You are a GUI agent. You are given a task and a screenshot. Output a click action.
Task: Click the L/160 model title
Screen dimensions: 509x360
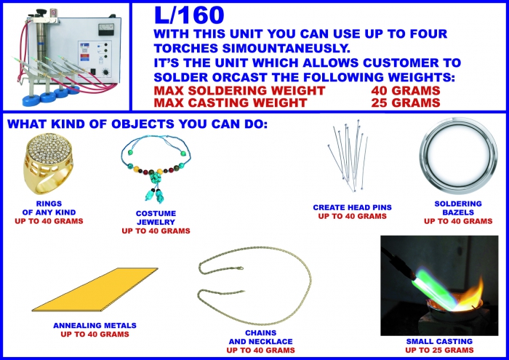point(189,15)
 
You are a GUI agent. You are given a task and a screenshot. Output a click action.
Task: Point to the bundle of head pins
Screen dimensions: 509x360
point(348,155)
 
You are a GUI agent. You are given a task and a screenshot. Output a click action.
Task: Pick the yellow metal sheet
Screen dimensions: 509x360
point(95,289)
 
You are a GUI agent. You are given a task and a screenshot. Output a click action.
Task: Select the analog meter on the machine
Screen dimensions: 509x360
point(106,30)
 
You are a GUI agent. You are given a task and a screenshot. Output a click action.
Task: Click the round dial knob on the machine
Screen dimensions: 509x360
point(106,72)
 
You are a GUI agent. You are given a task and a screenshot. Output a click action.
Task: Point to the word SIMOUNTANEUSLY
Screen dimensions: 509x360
point(286,49)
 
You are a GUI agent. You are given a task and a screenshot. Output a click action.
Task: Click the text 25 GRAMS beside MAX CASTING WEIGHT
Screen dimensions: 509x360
point(406,103)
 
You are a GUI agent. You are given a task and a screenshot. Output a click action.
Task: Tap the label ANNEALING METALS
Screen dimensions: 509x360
point(95,325)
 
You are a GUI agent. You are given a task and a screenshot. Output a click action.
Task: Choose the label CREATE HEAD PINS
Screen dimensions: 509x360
point(352,207)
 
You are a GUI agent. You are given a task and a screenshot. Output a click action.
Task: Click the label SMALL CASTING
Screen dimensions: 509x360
point(439,342)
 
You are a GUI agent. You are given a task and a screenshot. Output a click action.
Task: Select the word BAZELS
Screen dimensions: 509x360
point(458,212)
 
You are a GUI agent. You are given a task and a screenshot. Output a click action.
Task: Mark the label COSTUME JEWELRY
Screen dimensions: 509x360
point(156,217)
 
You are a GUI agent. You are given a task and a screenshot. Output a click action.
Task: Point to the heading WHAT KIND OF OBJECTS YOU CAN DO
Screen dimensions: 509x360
point(137,124)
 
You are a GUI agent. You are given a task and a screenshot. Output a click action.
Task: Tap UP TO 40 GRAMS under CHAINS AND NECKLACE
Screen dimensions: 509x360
point(260,351)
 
